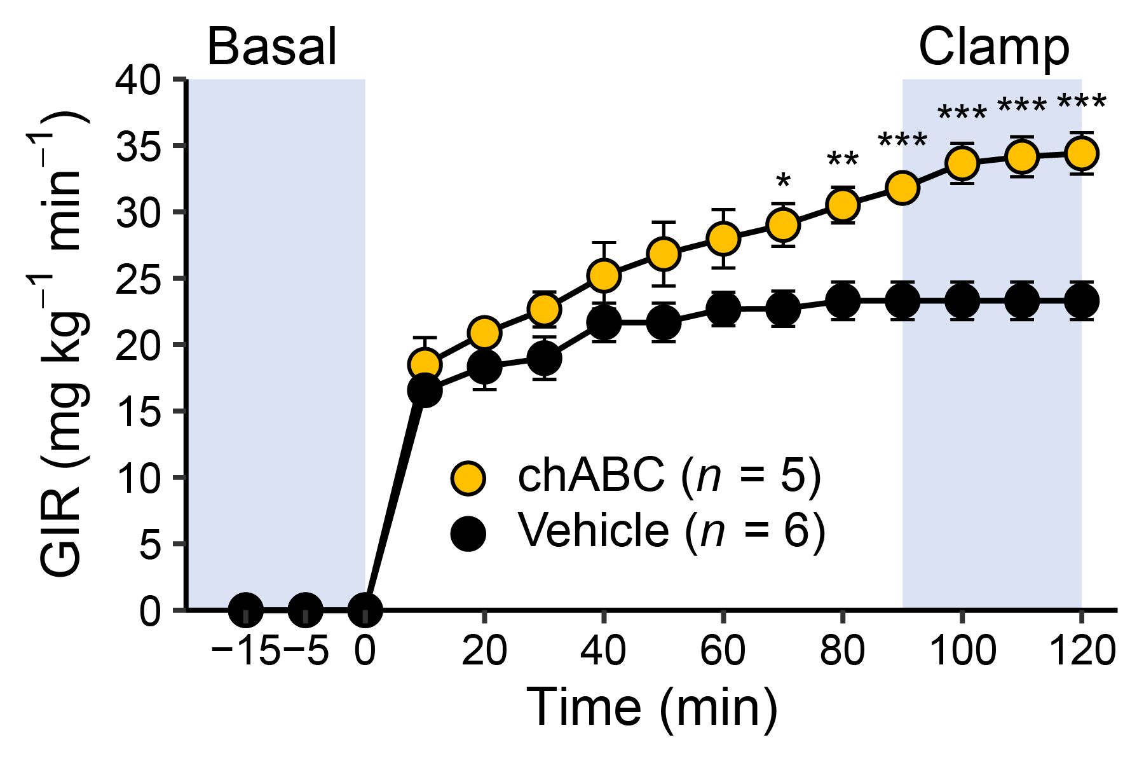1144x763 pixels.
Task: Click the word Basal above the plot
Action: [272, 48]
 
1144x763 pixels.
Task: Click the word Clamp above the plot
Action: [994, 48]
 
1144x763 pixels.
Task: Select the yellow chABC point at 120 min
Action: [1081, 153]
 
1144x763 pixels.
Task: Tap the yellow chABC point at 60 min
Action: [723, 238]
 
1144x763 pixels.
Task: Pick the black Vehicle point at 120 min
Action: [1081, 300]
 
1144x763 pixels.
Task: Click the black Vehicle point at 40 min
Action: [604, 323]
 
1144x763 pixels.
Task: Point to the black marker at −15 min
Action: [246, 609]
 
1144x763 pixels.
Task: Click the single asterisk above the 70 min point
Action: [783, 182]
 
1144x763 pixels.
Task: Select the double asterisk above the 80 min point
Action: [843, 160]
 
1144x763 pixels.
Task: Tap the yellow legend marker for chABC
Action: [468, 477]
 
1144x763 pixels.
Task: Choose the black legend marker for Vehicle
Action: [468, 532]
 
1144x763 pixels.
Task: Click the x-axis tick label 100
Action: [962, 651]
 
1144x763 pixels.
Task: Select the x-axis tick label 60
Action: [723, 651]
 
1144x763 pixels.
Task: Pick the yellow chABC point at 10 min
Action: [425, 364]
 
